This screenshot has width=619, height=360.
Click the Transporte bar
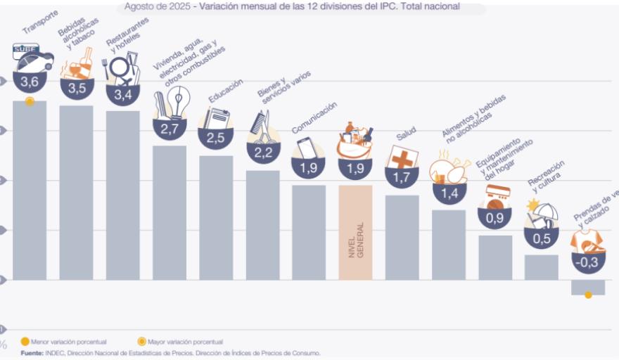[30, 190]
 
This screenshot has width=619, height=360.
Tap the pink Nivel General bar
[355, 232]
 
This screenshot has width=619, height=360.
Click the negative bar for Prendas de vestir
[588, 287]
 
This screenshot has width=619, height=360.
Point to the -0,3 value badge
[588, 263]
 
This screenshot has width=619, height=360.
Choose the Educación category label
[226, 91]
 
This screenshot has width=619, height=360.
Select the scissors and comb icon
[262, 127]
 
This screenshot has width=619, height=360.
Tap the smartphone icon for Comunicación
[307, 148]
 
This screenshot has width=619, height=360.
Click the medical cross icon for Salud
[402, 158]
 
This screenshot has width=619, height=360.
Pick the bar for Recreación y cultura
[541, 267]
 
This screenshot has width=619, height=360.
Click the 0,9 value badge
[494, 218]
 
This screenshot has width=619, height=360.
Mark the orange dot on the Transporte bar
[30, 102]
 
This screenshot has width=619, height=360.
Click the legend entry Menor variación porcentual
[64, 342]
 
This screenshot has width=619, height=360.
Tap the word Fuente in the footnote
[31, 352]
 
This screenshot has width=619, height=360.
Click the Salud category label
[406, 134]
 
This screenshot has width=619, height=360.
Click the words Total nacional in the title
[434, 6]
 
